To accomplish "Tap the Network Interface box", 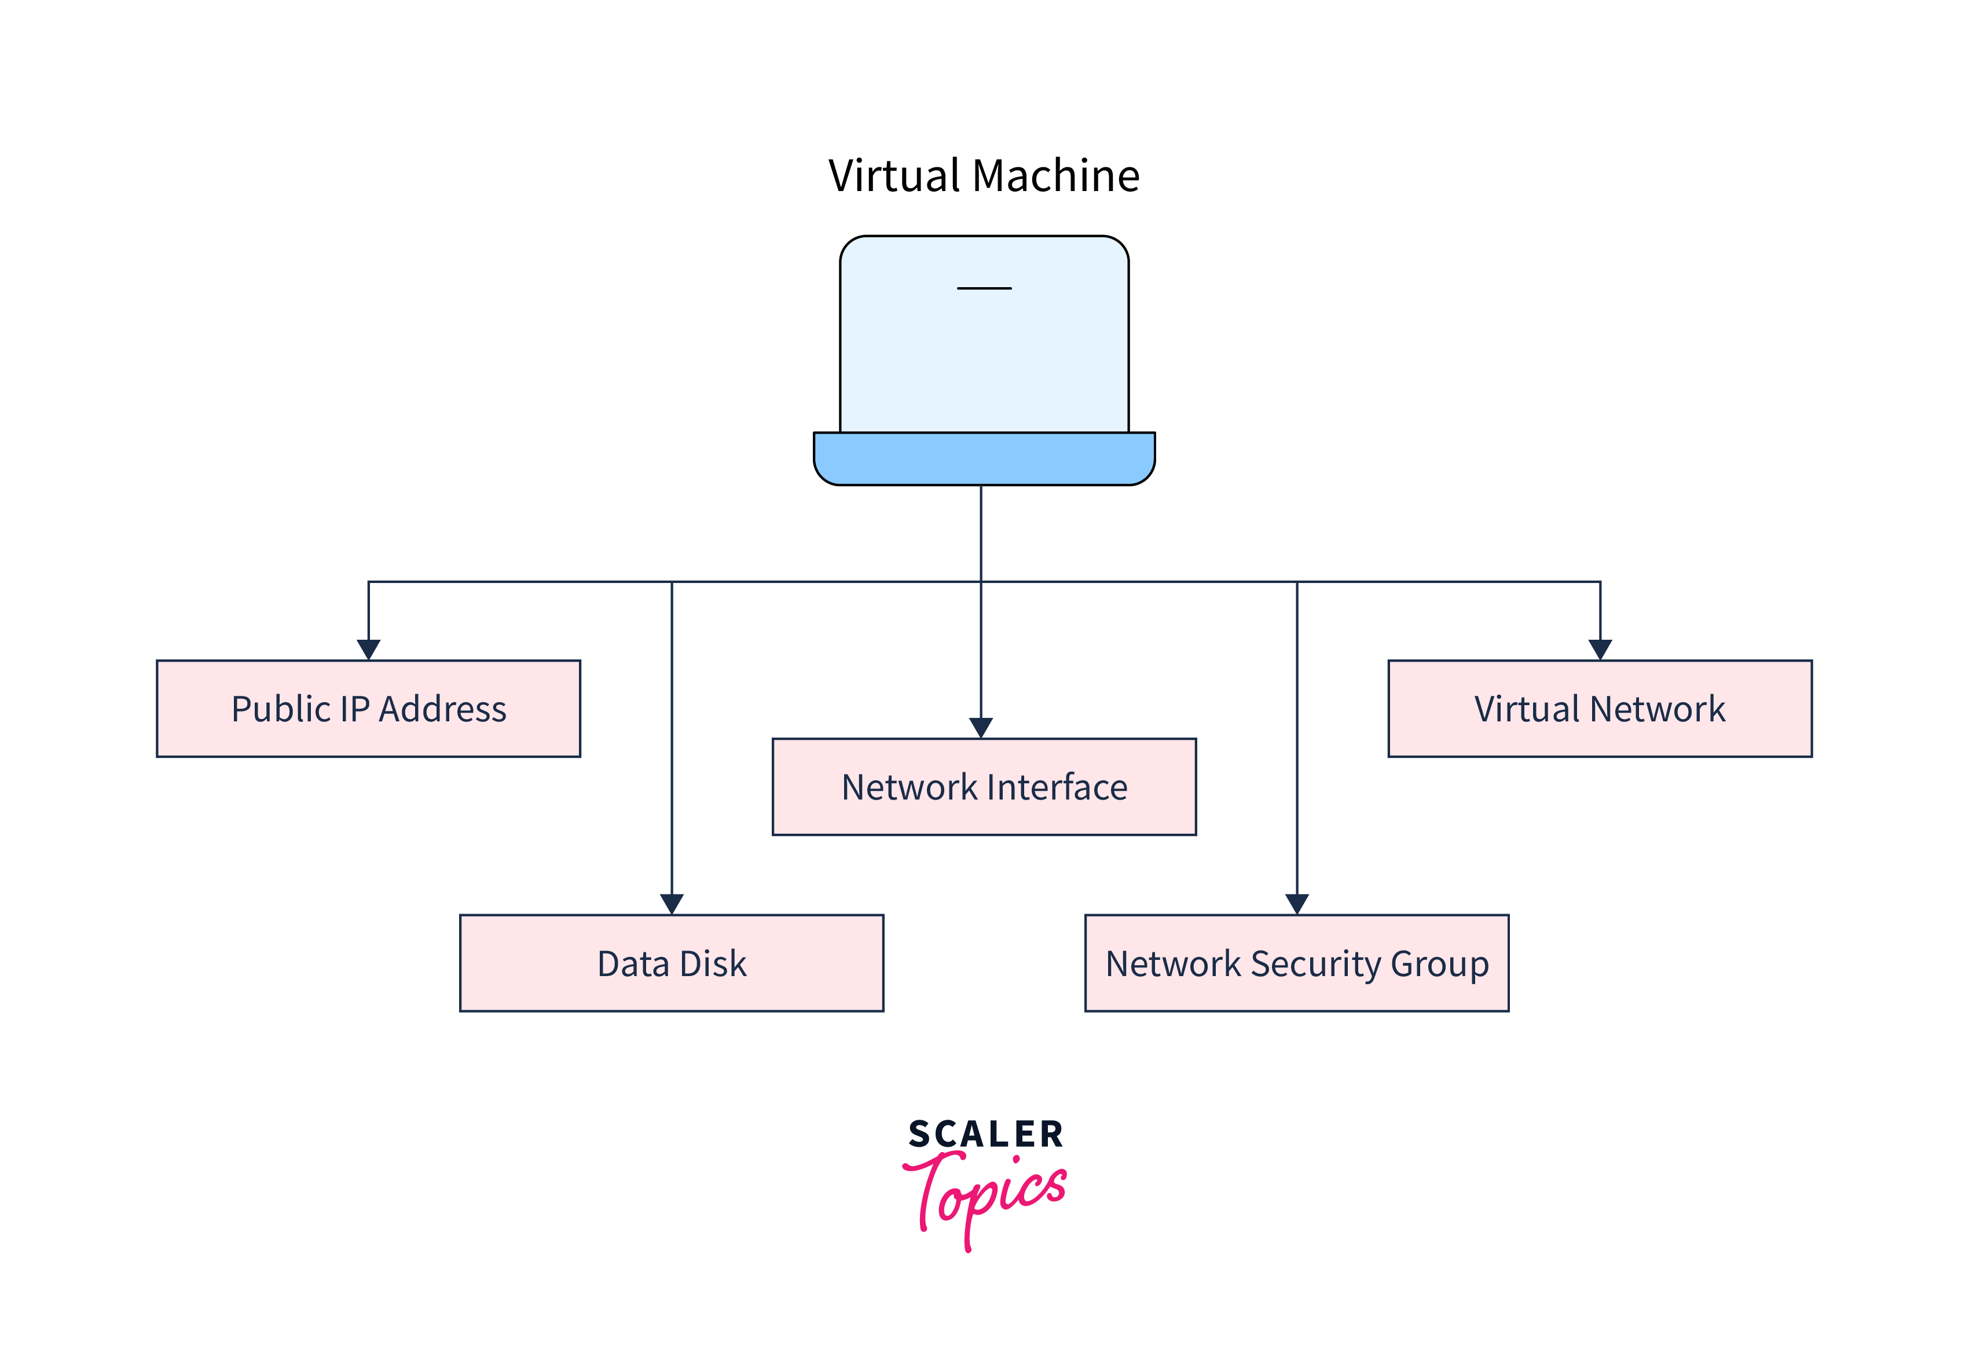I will point(984,786).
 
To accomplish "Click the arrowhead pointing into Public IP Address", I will point(368,650).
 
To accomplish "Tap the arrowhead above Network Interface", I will point(981,727).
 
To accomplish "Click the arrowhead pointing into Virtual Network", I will point(1600,650).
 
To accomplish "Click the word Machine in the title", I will point(1055,176).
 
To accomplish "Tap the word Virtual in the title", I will point(895,176).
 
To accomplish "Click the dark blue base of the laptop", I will point(984,459).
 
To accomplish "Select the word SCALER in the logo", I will point(985,1134).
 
